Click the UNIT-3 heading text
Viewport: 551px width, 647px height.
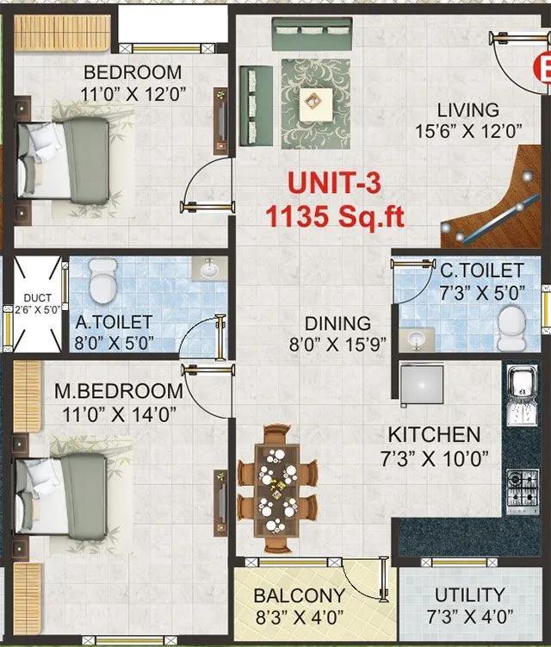(334, 184)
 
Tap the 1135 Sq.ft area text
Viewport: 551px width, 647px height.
(335, 216)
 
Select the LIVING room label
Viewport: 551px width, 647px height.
(467, 110)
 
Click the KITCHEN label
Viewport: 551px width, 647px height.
(433, 434)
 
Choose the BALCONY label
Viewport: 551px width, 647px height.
(299, 595)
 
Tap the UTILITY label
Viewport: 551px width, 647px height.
(469, 594)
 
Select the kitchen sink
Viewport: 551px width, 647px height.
(523, 395)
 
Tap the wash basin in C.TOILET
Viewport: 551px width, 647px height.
(417, 338)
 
